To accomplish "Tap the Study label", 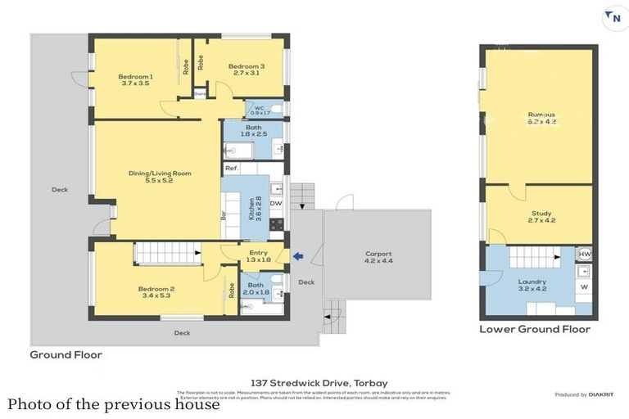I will click(x=541, y=217).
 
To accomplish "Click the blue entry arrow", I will click(x=298, y=257).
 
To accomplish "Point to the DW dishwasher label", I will click(x=276, y=204).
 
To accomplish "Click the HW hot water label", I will click(x=584, y=255).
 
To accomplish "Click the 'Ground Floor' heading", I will click(x=66, y=355).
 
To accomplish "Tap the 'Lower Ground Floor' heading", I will click(x=535, y=330).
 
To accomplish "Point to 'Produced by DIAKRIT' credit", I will click(x=584, y=394).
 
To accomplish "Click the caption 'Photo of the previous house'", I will click(x=114, y=404).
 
